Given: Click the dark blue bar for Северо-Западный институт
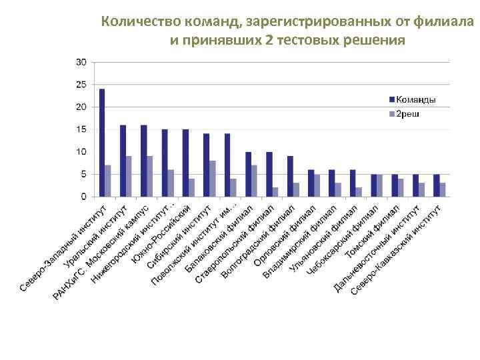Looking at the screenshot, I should [102, 143].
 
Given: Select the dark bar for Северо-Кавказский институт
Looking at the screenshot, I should [436, 185].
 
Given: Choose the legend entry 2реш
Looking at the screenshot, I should [409, 114].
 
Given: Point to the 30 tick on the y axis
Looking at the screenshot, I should [81, 62].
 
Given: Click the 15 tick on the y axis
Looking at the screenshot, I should [81, 129].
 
